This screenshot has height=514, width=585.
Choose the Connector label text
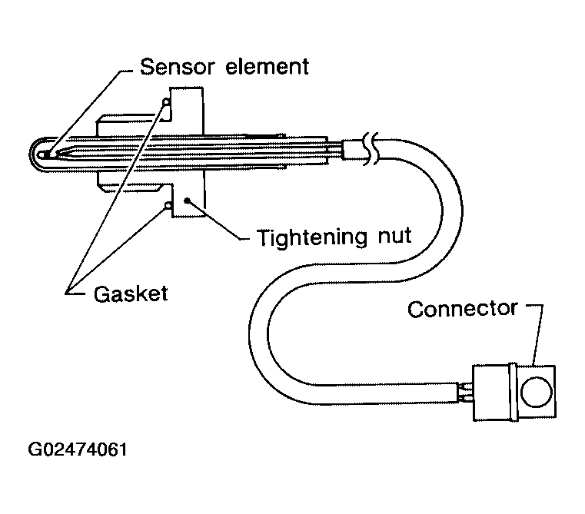[x=462, y=309]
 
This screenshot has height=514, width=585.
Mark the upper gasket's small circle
[x=166, y=102]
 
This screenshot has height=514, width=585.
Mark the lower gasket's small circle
[x=167, y=205]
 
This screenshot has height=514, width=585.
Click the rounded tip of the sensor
[x=41, y=154]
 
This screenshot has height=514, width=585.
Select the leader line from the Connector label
[x=538, y=330]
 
